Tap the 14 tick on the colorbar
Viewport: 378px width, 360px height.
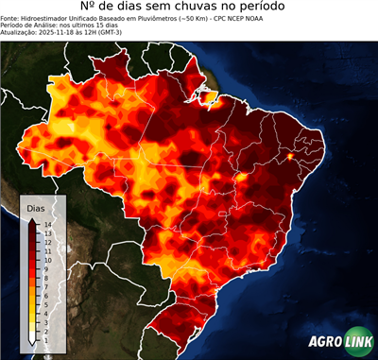(47, 224)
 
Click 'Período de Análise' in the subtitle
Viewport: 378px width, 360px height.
(28, 25)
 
